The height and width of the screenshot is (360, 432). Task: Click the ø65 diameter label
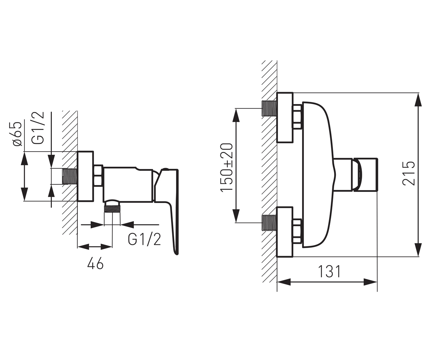click(17, 134)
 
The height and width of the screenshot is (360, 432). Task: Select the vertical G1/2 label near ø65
click(38, 128)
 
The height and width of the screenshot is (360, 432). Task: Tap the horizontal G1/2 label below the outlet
click(144, 240)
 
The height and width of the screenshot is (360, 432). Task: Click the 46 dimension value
click(95, 264)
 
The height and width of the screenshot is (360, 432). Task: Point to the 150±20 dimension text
click(227, 168)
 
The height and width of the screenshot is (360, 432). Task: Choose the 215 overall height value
click(409, 173)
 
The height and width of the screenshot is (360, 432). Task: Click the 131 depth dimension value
click(329, 272)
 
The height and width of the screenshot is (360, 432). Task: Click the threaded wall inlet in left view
click(70, 176)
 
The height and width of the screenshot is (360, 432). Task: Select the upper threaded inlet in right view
click(269, 108)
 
